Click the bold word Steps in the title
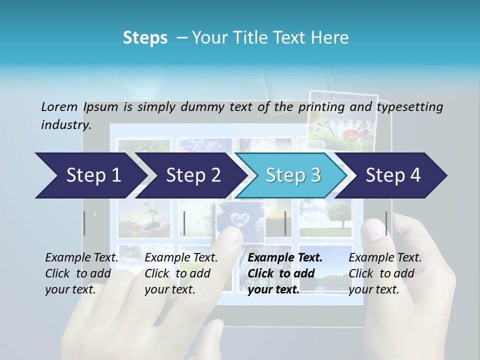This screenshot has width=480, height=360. coord(145,38)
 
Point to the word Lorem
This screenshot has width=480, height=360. coord(59,106)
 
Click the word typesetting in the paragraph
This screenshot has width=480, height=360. coord(409,106)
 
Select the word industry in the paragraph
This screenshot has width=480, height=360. coord(65,125)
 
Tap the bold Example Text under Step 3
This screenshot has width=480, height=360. coord(285,258)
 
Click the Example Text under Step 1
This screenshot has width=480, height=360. coord(82,258)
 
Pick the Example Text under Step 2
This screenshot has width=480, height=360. coord(181,258)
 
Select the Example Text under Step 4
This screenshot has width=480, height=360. coord(385,258)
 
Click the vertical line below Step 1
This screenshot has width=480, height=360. coord(84,223)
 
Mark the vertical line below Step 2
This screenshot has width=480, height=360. coord(184,223)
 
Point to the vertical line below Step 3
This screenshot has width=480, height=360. coord(285,223)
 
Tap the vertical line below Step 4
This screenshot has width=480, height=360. coord(386,223)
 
